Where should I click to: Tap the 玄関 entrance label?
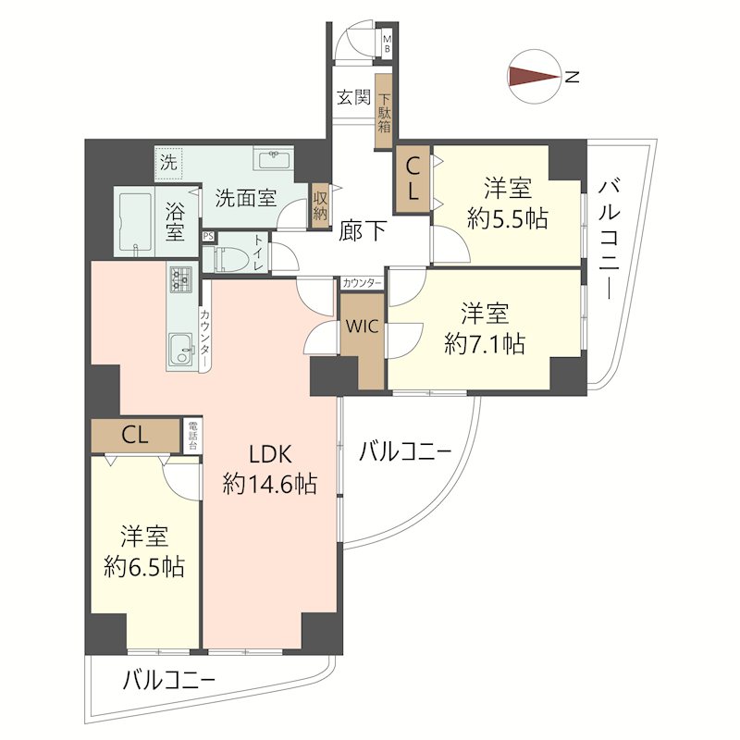coord(353,96)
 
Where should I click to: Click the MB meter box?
coord(388,44)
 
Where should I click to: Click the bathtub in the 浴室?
coord(135,222)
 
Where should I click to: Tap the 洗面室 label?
coord(245,197)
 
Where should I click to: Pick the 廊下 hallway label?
coord(362,230)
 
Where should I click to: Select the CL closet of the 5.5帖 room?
coord(413,179)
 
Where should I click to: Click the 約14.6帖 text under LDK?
coord(271,482)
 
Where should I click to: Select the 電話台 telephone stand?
coord(192,434)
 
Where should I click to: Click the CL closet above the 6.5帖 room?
coord(135,434)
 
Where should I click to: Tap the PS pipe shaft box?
coord(207,237)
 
